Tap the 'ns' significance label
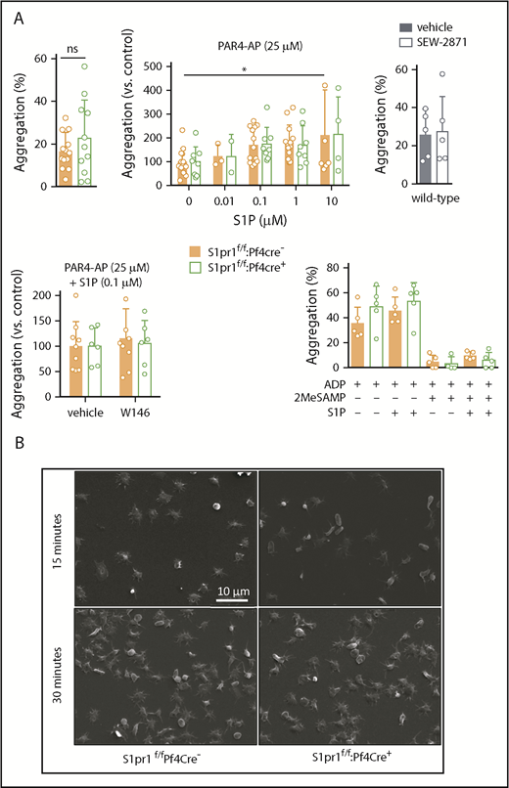click(x=65, y=45)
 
